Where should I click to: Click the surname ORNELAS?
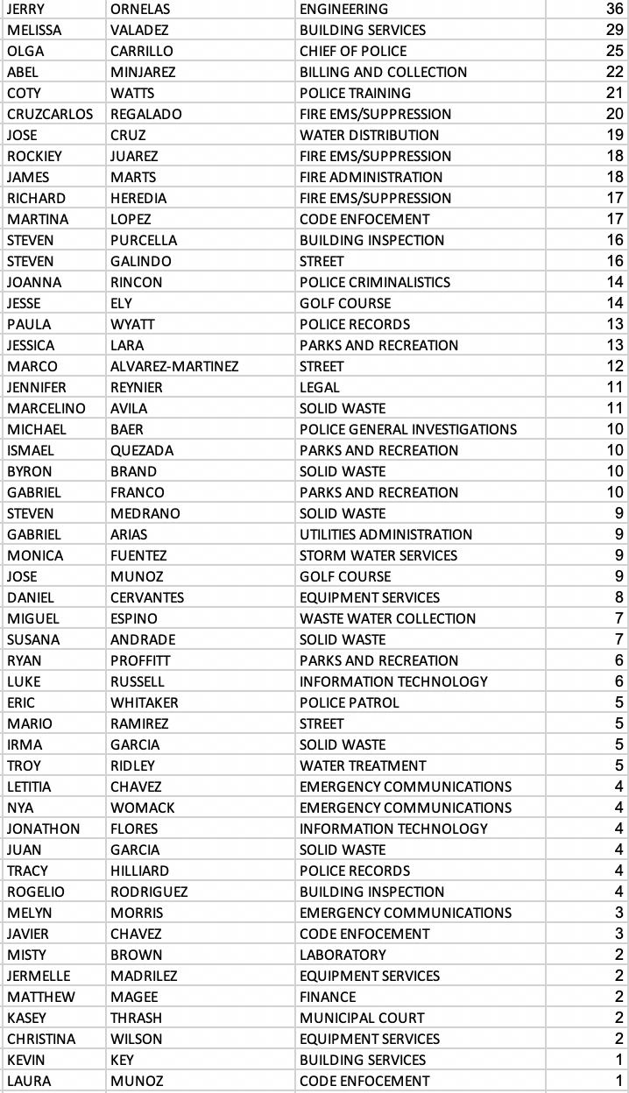tap(140, 9)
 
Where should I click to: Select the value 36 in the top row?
tap(614, 9)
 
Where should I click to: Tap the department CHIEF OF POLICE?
tap(353, 51)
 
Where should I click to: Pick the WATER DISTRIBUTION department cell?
tap(369, 135)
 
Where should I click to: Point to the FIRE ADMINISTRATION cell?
tap(371, 177)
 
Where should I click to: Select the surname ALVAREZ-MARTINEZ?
tap(174, 366)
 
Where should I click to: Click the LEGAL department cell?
tap(320, 387)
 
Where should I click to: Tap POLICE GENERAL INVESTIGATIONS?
tap(407, 429)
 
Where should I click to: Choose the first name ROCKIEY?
tap(34, 156)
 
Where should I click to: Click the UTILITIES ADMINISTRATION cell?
tap(385, 534)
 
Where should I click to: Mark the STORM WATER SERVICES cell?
tap(378, 555)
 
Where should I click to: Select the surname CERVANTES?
tap(147, 597)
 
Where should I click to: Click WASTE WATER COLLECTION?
tap(387, 618)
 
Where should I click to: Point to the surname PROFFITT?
tap(140, 660)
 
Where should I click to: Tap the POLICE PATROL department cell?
tap(349, 702)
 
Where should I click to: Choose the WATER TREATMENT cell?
tap(363, 765)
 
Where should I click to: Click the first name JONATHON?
tap(43, 829)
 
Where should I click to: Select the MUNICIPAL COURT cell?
tap(362, 1018)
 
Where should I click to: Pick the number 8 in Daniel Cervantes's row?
tap(619, 597)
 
